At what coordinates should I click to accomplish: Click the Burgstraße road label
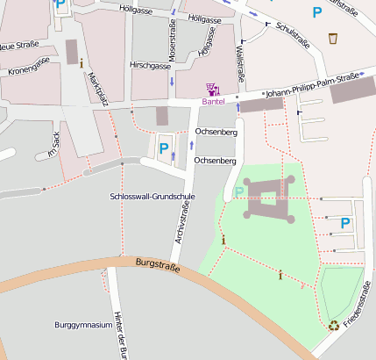click(158, 263)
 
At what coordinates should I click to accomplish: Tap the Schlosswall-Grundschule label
click(153, 196)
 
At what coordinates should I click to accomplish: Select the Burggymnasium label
click(83, 324)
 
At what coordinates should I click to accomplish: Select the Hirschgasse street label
click(148, 65)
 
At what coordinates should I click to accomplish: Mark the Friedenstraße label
click(358, 304)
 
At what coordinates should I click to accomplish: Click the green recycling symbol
click(334, 326)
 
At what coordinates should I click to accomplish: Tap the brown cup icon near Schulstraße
click(333, 38)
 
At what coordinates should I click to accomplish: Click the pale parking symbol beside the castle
click(239, 192)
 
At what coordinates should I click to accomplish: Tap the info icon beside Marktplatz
click(82, 62)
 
